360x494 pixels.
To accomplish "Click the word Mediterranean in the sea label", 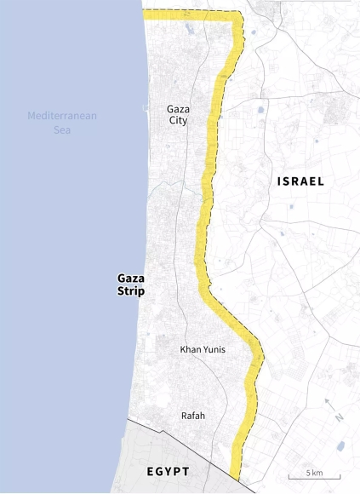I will click(62, 116).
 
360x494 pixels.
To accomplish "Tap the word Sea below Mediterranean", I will click(62, 130).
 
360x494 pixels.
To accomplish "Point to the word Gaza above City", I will click(178, 109).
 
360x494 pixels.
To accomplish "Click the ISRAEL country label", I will click(300, 181).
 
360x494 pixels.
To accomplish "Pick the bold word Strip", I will click(130, 291).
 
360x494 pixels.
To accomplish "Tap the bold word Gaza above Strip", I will click(130, 279).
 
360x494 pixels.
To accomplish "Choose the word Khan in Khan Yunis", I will click(191, 349).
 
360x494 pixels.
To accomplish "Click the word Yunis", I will click(215, 349).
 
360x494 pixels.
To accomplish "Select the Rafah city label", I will click(192, 416).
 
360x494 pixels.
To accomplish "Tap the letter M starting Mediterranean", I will click(31, 116).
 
